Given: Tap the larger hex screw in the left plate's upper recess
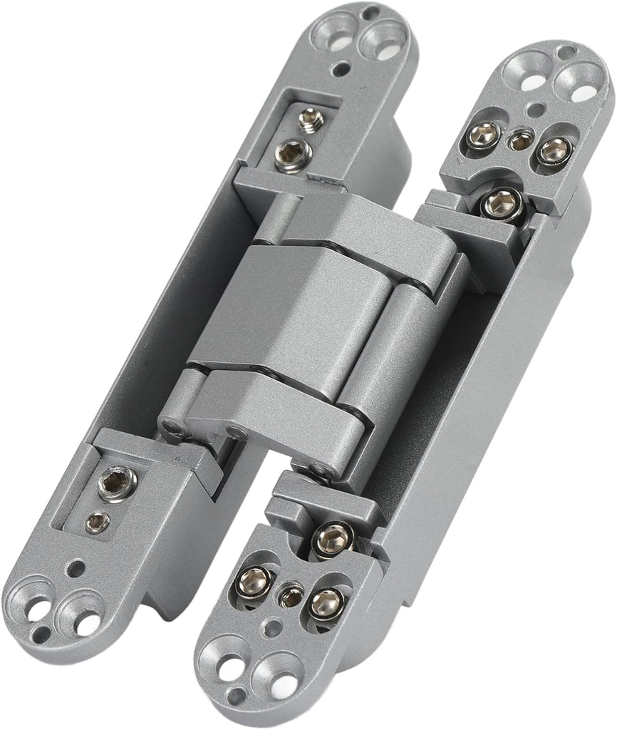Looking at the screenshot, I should [x=292, y=153].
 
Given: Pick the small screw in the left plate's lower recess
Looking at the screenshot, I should [x=98, y=523].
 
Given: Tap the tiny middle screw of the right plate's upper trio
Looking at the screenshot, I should [x=521, y=140].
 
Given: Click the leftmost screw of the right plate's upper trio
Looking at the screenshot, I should [x=484, y=134].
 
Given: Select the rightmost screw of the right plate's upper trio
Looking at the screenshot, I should [x=554, y=150].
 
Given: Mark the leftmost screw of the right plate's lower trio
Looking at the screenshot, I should [x=253, y=582].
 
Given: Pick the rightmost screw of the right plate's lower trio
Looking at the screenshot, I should [x=326, y=604].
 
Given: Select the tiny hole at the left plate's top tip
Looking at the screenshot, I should [x=370, y=13].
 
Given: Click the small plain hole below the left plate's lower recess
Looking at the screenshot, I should [x=74, y=569].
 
